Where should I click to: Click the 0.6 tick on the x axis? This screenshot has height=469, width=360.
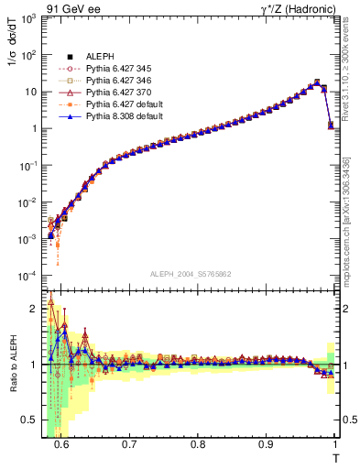[x=61, y=444]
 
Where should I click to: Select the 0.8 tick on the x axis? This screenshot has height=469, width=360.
[x=198, y=444]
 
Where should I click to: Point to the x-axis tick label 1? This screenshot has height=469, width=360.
[x=334, y=444]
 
